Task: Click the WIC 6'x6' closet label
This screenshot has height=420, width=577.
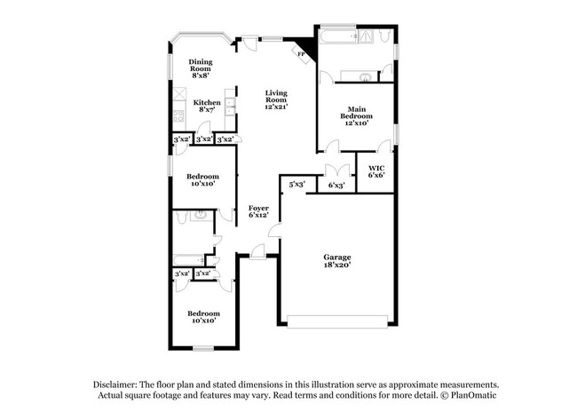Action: click(375, 171)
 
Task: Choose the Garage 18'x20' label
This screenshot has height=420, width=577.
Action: click(336, 260)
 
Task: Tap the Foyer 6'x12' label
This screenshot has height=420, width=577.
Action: click(258, 211)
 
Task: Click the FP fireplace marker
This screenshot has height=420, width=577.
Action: click(302, 54)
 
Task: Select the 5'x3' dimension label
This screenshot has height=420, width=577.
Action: click(296, 184)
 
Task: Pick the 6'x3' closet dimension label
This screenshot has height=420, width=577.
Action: click(336, 186)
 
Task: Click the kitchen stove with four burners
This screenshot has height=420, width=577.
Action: click(178, 115)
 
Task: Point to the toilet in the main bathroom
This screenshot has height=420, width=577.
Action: click(384, 37)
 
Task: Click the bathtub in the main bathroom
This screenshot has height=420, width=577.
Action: click(336, 37)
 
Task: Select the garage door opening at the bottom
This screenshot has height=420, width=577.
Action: click(337, 321)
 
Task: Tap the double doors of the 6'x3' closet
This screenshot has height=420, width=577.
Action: click(336, 170)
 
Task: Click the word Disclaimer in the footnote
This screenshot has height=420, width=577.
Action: click(119, 384)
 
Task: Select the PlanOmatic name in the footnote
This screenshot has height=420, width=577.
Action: click(478, 393)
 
